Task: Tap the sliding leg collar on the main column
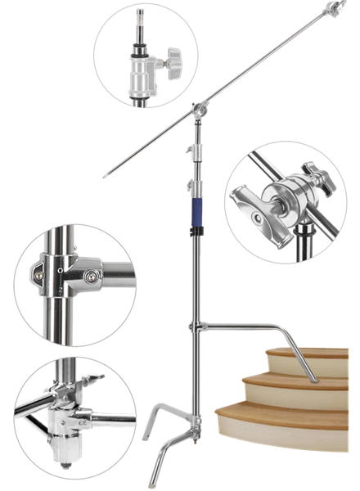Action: [195, 327]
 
